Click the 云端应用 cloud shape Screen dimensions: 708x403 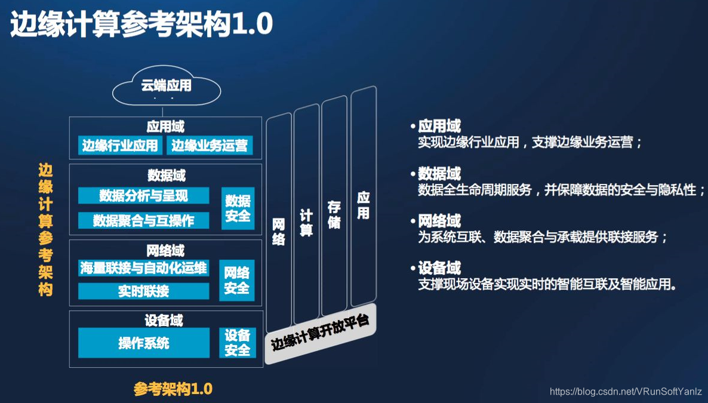pos(166,87)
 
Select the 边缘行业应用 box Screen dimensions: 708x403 pos(120,145)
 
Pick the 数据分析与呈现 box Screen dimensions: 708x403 pos(143,195)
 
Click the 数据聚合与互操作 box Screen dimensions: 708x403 pos(143,220)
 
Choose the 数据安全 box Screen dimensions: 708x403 pos(238,208)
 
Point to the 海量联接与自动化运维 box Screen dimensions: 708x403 pos(143,268)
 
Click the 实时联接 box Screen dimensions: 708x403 pos(143,291)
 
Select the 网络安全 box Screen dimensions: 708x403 pos(236,281)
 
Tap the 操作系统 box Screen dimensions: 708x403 pos(143,343)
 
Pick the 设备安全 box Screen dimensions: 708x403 pos(237,343)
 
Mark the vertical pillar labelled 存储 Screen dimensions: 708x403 pos(334,209)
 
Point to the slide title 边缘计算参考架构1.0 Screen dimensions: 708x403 pos(141,25)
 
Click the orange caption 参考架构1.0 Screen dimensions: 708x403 pos(173,389)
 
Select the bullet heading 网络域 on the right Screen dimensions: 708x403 pos(439,222)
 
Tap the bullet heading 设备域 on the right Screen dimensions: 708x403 pos(439,268)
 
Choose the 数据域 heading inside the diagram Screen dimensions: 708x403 pos(166,176)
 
